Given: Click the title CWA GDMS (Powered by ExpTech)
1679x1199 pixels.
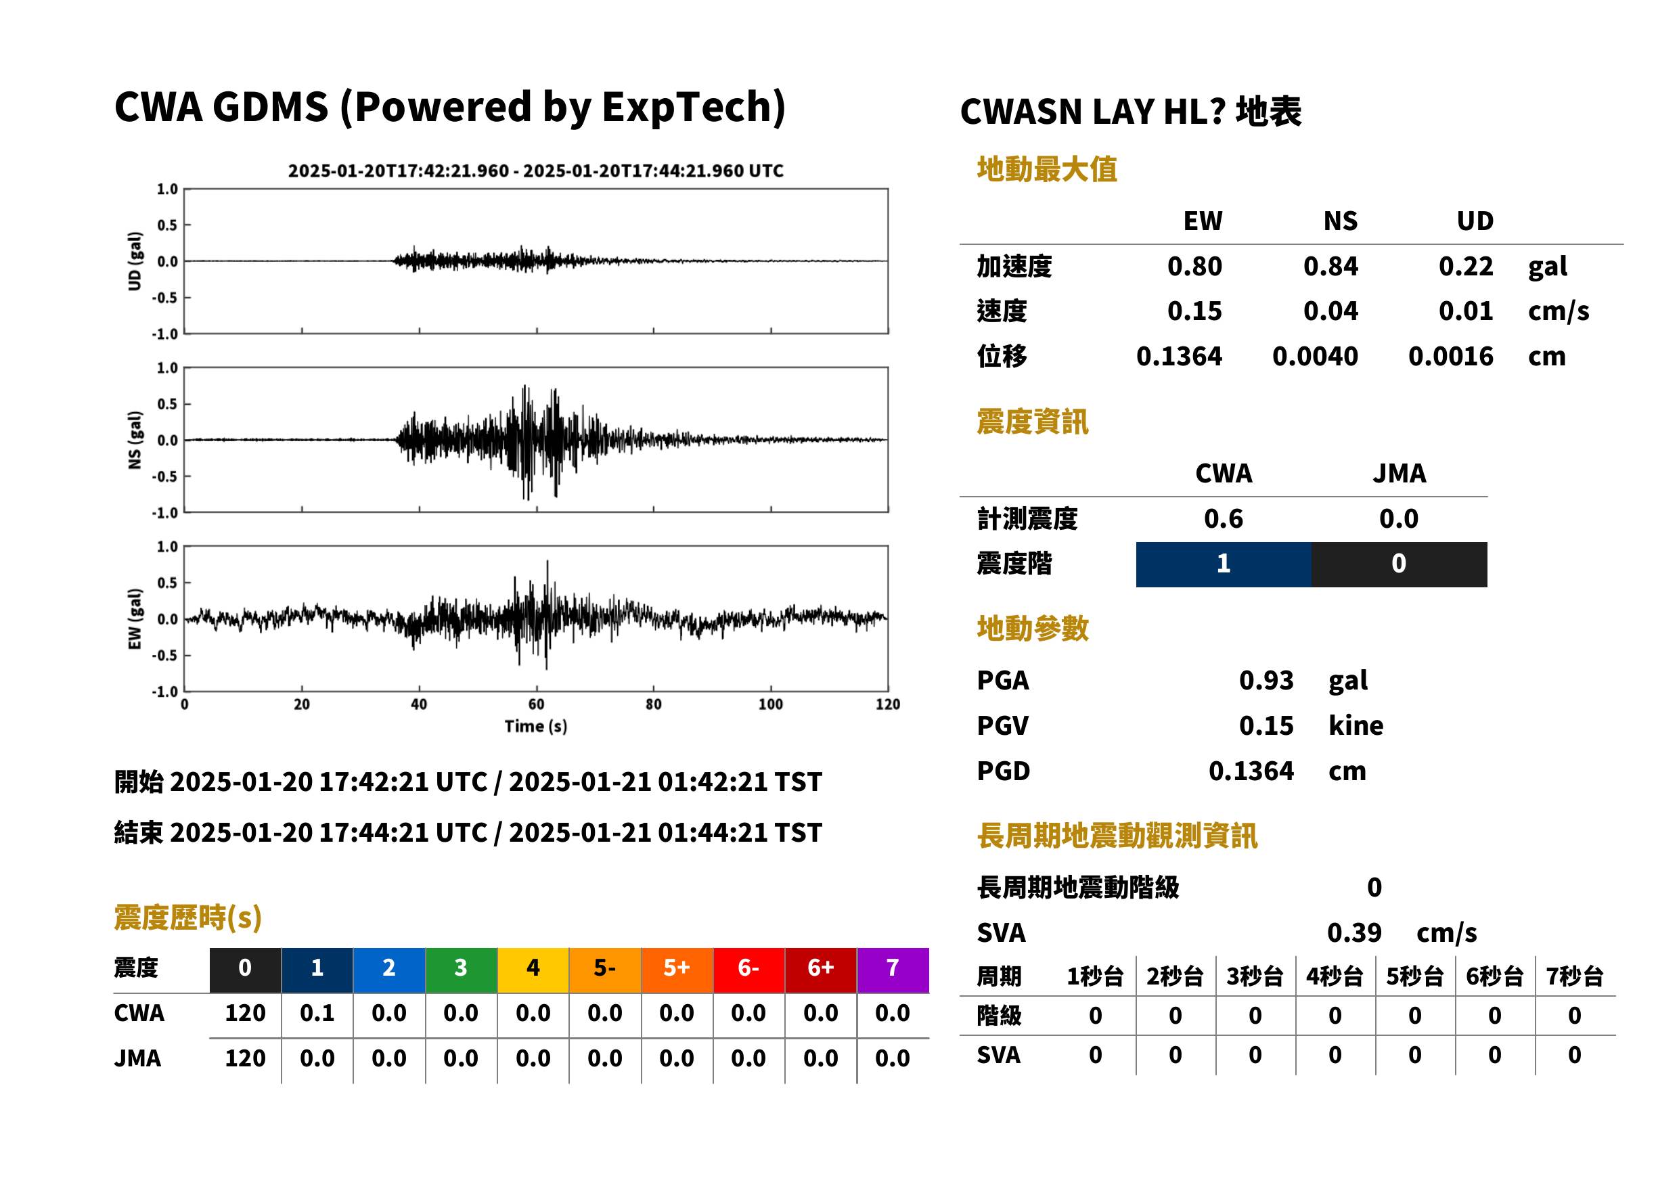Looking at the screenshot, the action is [x=449, y=108].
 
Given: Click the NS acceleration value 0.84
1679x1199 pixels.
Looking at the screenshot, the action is [x=1330, y=267].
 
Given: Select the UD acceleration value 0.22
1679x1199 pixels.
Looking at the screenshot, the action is [x=1466, y=267].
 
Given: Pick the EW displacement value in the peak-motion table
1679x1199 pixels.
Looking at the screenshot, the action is [x=1179, y=357].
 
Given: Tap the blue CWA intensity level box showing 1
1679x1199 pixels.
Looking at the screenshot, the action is [x=1224, y=564].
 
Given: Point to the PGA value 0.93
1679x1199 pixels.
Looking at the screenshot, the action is [x=1266, y=680].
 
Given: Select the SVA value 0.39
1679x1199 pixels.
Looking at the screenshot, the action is [x=1354, y=932].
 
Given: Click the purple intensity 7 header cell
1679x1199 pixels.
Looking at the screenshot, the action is [x=893, y=970].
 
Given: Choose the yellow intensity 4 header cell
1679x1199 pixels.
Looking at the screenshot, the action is [x=533, y=970].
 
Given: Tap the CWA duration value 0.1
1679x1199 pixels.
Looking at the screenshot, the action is [x=317, y=1013].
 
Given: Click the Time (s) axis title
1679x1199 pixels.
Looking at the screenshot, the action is [x=536, y=727].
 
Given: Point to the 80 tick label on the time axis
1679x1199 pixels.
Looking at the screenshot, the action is [x=654, y=704].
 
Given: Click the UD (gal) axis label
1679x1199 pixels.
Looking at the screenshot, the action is [x=135, y=261].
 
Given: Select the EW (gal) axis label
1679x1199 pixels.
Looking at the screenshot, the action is [x=135, y=619].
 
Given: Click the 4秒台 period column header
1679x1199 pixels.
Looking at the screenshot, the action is [x=1335, y=977].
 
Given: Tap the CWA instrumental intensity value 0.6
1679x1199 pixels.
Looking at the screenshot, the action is [x=1224, y=519].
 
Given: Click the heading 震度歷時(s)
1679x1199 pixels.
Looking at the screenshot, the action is [x=188, y=918].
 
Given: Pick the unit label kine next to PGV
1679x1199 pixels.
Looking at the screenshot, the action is [x=1356, y=726].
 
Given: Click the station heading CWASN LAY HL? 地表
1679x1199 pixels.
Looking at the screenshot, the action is [x=1130, y=112].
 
